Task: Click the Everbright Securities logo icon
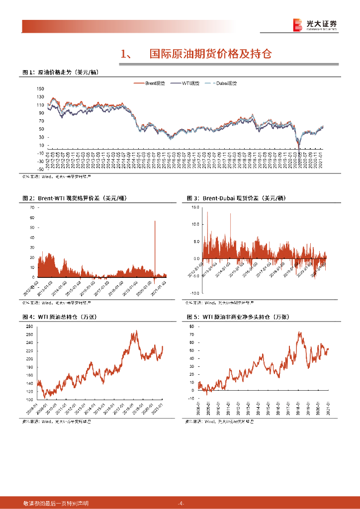(x=297, y=24)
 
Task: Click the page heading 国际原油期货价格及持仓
(x=211, y=54)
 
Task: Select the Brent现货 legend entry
(x=156, y=83)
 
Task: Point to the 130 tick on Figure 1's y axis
(x=41, y=89)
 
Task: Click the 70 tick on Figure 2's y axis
(x=32, y=207)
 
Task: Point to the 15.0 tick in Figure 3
(x=195, y=207)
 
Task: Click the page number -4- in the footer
(x=181, y=504)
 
